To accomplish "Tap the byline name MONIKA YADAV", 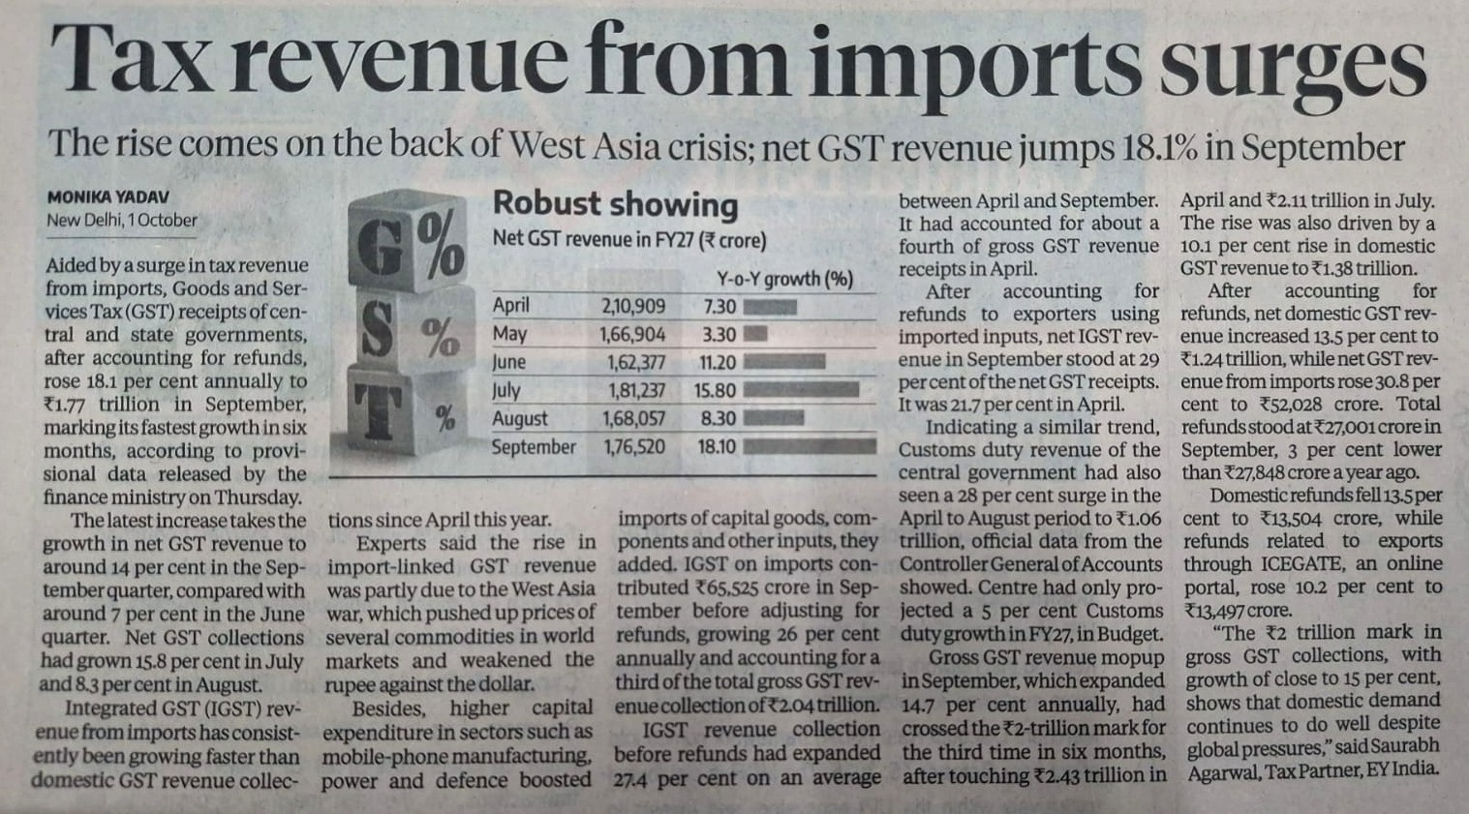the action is (x=108, y=196).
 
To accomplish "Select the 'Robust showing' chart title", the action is (x=615, y=204).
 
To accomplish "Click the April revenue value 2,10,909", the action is (x=633, y=306).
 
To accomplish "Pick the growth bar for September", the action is (x=810, y=447).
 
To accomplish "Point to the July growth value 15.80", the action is (x=715, y=391).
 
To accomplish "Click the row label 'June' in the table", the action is (x=509, y=362).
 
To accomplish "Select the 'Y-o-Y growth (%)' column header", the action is (x=785, y=280).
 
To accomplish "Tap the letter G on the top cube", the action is (x=381, y=247).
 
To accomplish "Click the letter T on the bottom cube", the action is (x=379, y=411).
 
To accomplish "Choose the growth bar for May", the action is (x=755, y=334).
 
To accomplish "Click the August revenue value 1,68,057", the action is (x=633, y=419).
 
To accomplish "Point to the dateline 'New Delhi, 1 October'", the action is (x=122, y=221).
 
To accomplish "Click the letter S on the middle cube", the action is (x=380, y=330).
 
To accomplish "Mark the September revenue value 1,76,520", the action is (x=634, y=447).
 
